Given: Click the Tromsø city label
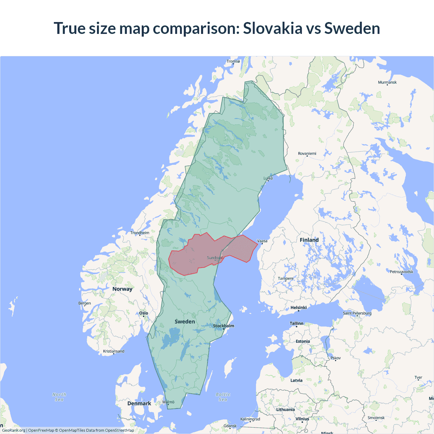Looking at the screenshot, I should pos(233,61).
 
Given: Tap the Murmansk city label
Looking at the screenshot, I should pos(387,82).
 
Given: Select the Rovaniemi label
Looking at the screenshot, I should pos(307,154).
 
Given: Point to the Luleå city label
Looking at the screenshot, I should pos(268,178).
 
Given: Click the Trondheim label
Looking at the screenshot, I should pos(140,233).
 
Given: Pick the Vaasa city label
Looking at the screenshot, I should pos(262,241).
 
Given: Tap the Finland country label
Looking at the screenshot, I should pos(309,240).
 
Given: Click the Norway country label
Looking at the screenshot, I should pos(122,289).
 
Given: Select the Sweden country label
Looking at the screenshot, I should pos(185,321).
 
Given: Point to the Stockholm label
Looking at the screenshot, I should pos(223,326).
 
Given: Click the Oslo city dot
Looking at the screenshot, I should pos(144,316).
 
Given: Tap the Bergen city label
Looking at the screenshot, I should pos(84,303).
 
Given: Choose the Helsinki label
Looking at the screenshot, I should pos(298,308).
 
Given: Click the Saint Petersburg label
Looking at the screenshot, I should pos(357,313).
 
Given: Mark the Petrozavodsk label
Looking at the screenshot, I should pos(401,272).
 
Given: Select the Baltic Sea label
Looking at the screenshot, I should pos(223,397).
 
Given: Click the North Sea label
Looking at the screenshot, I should pos(59,397).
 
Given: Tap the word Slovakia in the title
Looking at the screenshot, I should pos(273,28).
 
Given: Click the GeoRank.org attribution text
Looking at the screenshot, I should pos(14,430).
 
